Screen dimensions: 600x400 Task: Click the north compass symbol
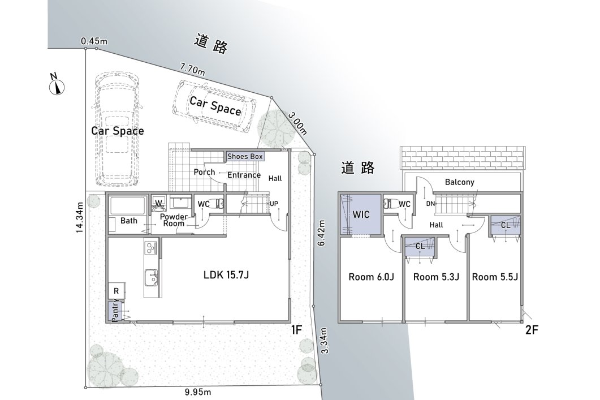(x=57, y=85)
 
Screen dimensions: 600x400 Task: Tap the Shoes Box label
(x=245, y=156)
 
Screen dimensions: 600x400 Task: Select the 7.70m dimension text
(x=192, y=69)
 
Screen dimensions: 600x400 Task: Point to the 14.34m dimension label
(x=79, y=217)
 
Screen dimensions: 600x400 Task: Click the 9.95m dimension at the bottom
(x=198, y=392)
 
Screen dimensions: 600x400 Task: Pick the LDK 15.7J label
(x=226, y=274)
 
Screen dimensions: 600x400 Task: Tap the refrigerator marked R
(x=116, y=291)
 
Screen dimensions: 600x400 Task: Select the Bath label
(x=128, y=221)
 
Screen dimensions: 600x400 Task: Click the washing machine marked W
(x=158, y=203)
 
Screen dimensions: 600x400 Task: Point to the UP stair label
(x=274, y=204)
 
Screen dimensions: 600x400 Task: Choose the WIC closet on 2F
(x=361, y=214)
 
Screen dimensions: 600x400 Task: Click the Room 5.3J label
(x=436, y=276)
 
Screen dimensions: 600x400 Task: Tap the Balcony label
(x=459, y=182)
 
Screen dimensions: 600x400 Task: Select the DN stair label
(x=430, y=204)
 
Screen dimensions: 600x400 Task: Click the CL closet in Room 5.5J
(x=506, y=226)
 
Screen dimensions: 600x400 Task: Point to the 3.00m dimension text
(x=297, y=123)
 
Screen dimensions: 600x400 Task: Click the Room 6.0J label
(x=371, y=276)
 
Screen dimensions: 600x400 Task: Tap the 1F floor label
(x=296, y=330)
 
